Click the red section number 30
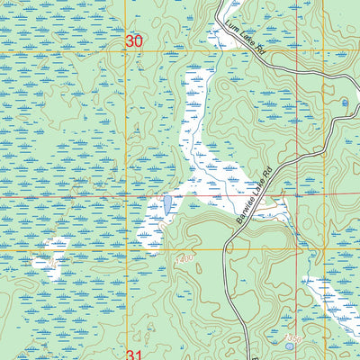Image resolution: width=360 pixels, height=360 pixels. coord(134,41)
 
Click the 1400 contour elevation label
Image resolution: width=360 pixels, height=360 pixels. coord(185,258)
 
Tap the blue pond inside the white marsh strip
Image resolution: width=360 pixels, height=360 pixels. coord(167,205)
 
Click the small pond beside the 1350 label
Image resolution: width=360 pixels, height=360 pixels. coord(289,345)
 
